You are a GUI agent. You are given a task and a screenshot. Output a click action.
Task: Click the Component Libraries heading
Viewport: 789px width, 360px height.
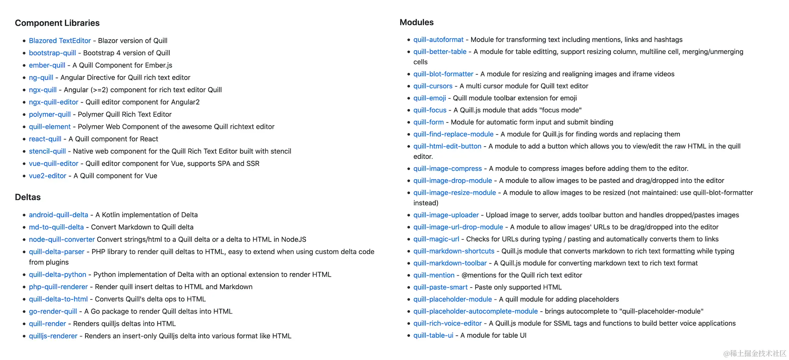57,23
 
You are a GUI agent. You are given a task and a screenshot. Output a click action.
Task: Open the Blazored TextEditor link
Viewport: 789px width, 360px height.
60,41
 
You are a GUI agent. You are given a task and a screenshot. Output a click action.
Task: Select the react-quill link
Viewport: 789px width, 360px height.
45,139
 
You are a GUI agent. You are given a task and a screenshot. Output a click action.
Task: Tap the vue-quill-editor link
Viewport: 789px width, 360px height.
54,163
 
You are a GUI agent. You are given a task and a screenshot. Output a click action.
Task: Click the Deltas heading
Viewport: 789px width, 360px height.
28,197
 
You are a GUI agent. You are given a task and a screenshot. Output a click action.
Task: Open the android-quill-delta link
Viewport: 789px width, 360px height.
58,215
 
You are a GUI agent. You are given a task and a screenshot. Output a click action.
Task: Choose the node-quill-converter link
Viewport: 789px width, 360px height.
62,239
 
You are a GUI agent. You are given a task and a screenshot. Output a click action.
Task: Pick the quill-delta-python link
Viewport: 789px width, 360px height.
57,274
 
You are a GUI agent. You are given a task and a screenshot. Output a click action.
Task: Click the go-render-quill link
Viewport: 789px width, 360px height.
53,311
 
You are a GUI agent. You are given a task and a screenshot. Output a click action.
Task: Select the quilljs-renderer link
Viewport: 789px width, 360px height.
53,336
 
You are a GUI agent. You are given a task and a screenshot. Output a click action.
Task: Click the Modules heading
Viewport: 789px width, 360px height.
416,22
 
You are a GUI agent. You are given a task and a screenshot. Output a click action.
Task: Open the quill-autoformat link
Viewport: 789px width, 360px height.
438,39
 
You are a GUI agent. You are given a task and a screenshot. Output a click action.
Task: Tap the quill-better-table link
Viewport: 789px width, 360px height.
439,52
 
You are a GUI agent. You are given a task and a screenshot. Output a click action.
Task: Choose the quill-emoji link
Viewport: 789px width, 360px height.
430,98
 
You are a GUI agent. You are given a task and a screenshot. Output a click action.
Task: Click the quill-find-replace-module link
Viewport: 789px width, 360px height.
453,134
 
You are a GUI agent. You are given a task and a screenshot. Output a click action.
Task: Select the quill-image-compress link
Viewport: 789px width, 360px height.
447,169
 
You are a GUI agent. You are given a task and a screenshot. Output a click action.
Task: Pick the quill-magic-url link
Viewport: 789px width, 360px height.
436,239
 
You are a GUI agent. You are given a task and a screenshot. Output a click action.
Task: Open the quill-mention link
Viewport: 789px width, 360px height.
434,275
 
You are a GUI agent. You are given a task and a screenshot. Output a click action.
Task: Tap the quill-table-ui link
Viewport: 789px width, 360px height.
433,335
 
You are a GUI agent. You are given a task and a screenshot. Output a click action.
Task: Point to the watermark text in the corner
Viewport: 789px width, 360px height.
755,353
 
